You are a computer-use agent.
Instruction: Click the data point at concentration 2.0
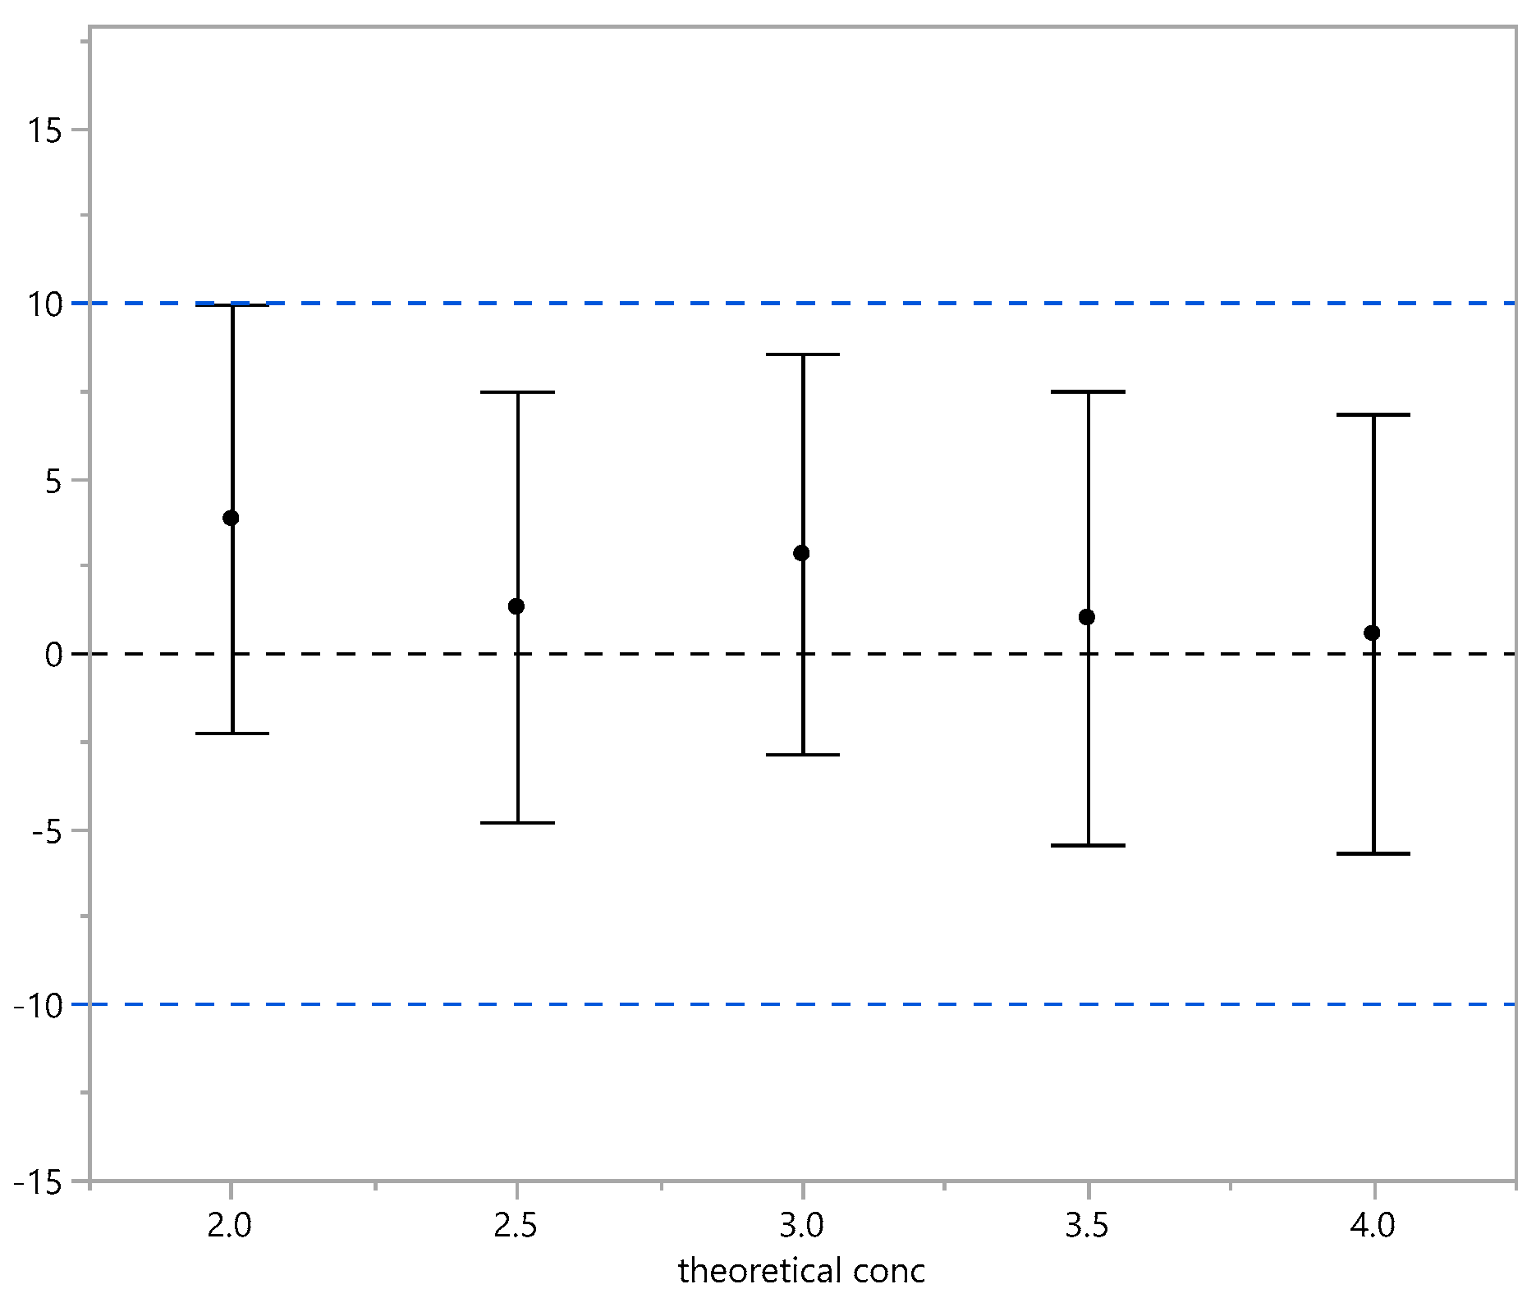231,518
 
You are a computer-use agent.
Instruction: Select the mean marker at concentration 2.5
516,606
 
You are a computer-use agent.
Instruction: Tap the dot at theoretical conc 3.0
801,553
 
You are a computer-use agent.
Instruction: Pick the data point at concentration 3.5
1087,617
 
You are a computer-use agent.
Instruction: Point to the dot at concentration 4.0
1372,633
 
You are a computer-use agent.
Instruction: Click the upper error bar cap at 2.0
232,305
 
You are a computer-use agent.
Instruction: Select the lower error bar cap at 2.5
517,823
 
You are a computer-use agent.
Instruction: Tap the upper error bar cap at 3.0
803,354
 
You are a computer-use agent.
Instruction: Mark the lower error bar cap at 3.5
1089,845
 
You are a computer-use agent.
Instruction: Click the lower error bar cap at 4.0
1373,854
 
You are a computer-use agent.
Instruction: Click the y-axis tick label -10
39,1004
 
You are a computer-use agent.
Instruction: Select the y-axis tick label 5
55,480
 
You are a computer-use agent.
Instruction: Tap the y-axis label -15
39,1181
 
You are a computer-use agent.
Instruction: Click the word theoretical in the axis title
748,1271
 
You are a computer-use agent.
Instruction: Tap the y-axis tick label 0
55,655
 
